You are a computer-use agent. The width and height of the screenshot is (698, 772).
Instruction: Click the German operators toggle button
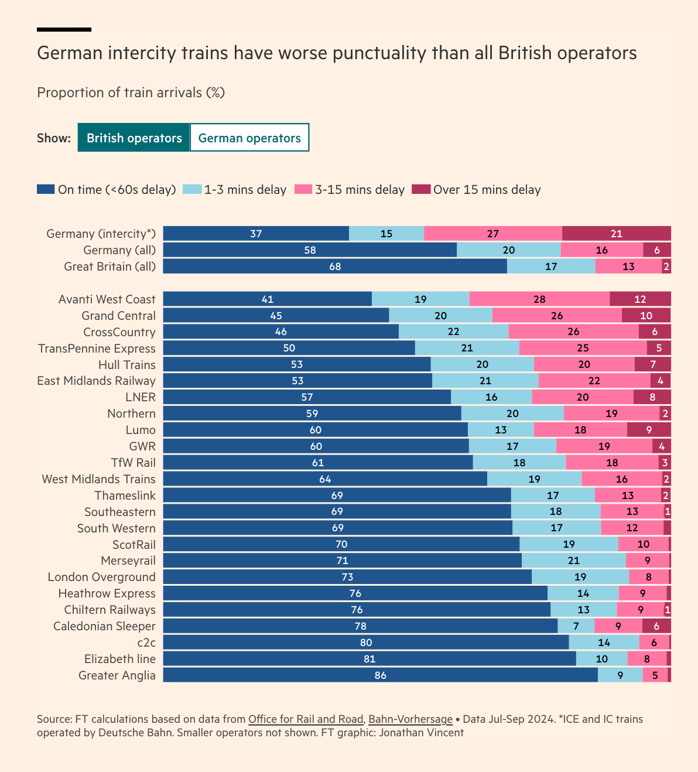point(249,138)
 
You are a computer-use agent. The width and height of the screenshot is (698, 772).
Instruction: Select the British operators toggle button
point(134,138)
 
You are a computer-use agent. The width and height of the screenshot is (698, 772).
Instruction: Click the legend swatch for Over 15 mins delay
point(421,189)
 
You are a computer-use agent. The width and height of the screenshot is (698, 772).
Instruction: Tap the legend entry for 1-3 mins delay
point(235,189)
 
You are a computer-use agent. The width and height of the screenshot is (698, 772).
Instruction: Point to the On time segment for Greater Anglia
point(380,675)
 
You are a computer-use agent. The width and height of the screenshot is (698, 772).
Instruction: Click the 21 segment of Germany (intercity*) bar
point(616,234)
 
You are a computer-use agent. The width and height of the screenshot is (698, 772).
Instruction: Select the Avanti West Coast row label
point(107,299)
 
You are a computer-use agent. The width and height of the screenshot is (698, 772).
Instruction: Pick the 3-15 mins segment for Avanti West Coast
point(539,299)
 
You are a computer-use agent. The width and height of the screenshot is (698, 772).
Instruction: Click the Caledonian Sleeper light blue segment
point(576,626)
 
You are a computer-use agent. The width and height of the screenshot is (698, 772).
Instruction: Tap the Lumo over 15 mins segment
point(649,430)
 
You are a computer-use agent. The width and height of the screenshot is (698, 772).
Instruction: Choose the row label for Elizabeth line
point(120,659)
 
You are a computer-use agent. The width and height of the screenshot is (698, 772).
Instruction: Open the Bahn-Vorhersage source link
point(410,719)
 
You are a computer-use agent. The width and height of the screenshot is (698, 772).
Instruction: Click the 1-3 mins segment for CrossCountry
point(453,332)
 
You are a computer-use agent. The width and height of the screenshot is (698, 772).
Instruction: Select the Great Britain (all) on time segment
point(334,267)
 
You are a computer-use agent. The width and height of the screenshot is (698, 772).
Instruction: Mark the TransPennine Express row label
point(97,349)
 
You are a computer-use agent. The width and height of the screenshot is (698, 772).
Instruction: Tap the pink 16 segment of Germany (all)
point(601,250)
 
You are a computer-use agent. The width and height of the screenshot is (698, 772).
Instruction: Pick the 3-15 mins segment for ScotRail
point(643,544)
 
